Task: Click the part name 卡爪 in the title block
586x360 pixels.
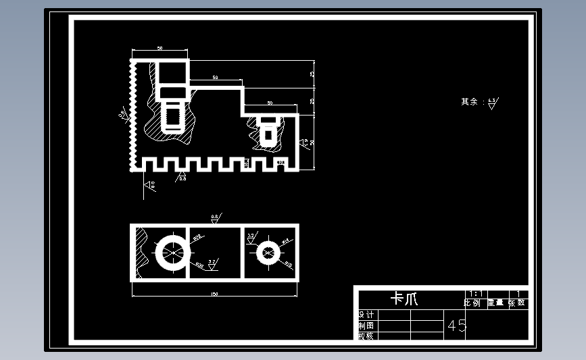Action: coord(405,299)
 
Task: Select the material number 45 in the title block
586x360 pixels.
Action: coord(457,326)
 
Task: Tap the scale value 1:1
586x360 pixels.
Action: coord(475,294)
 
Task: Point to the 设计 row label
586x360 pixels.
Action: coord(365,315)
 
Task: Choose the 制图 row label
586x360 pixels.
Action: coord(365,326)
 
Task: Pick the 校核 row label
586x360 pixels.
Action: coord(365,336)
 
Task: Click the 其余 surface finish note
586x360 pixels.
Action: coord(469,102)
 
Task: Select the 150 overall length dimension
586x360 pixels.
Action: coord(214,294)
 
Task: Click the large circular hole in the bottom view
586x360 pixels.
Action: coord(172,253)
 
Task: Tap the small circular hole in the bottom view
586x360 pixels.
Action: coord(268,253)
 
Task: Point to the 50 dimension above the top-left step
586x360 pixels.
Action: coord(160,49)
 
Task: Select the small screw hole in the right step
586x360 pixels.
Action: coord(268,130)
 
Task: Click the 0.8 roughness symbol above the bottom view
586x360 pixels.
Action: coord(216,218)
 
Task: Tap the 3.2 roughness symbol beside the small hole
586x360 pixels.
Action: coord(251,237)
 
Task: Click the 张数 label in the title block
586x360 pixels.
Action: coord(517,303)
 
